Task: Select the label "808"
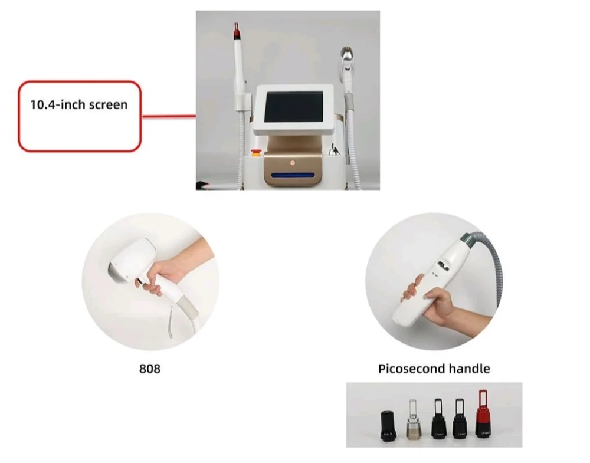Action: click(150, 369)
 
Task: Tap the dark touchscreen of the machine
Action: click(293, 107)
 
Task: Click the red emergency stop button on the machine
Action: click(256, 152)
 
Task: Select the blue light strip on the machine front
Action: click(293, 175)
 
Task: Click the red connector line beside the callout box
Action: click(169, 116)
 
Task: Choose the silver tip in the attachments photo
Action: click(412, 421)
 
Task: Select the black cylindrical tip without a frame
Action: click(388, 425)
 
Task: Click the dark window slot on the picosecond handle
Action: click(444, 265)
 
